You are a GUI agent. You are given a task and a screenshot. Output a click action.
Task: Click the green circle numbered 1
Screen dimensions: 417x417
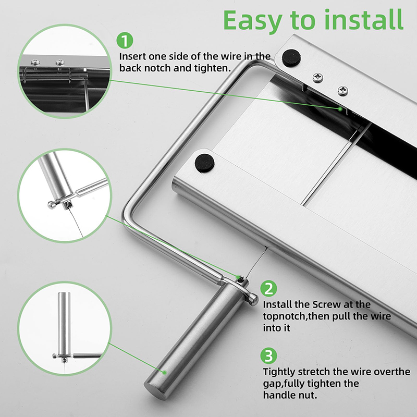[x=125, y=41]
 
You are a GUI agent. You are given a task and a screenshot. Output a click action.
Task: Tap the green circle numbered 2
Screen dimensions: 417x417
[x=268, y=288]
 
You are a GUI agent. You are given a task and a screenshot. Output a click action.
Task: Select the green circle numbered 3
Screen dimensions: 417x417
[x=268, y=355]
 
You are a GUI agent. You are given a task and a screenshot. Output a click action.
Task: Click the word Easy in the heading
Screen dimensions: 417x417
[x=253, y=21]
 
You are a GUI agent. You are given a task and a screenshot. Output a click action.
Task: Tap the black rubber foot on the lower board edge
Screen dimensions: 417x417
[x=204, y=163]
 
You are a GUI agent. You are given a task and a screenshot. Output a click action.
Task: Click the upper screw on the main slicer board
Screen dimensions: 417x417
[x=318, y=78]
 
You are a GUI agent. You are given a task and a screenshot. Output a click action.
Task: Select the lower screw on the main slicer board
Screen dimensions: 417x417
[x=343, y=91]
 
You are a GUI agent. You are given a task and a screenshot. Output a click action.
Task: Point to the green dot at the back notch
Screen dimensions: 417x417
[x=340, y=109]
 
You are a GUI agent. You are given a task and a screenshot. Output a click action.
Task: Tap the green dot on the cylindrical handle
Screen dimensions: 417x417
[x=165, y=372]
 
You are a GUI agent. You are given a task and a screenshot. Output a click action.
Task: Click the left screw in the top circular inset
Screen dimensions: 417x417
[x=35, y=63]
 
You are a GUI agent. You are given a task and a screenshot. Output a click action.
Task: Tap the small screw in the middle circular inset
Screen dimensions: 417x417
[x=69, y=204]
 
